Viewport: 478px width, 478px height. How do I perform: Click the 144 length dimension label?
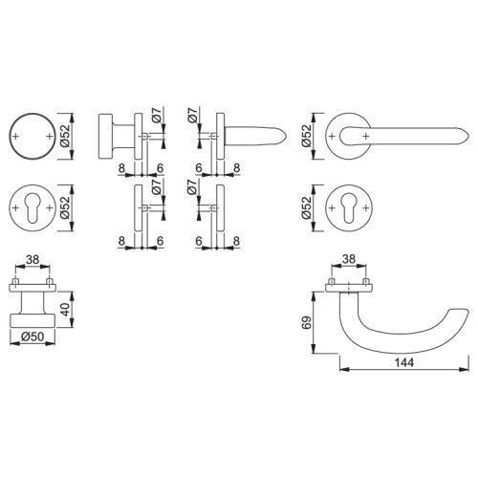[x=404, y=362]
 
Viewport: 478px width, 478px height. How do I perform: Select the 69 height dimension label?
[x=307, y=322]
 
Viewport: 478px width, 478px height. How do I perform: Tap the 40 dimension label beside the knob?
[x=65, y=310]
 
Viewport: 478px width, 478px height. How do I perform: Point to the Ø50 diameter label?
[x=33, y=337]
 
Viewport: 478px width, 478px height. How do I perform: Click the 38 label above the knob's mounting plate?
[x=33, y=260]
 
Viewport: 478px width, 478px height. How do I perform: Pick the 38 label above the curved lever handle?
[x=348, y=259]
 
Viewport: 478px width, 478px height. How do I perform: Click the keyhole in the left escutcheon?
[x=33, y=207]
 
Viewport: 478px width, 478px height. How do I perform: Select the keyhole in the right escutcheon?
[x=349, y=207]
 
